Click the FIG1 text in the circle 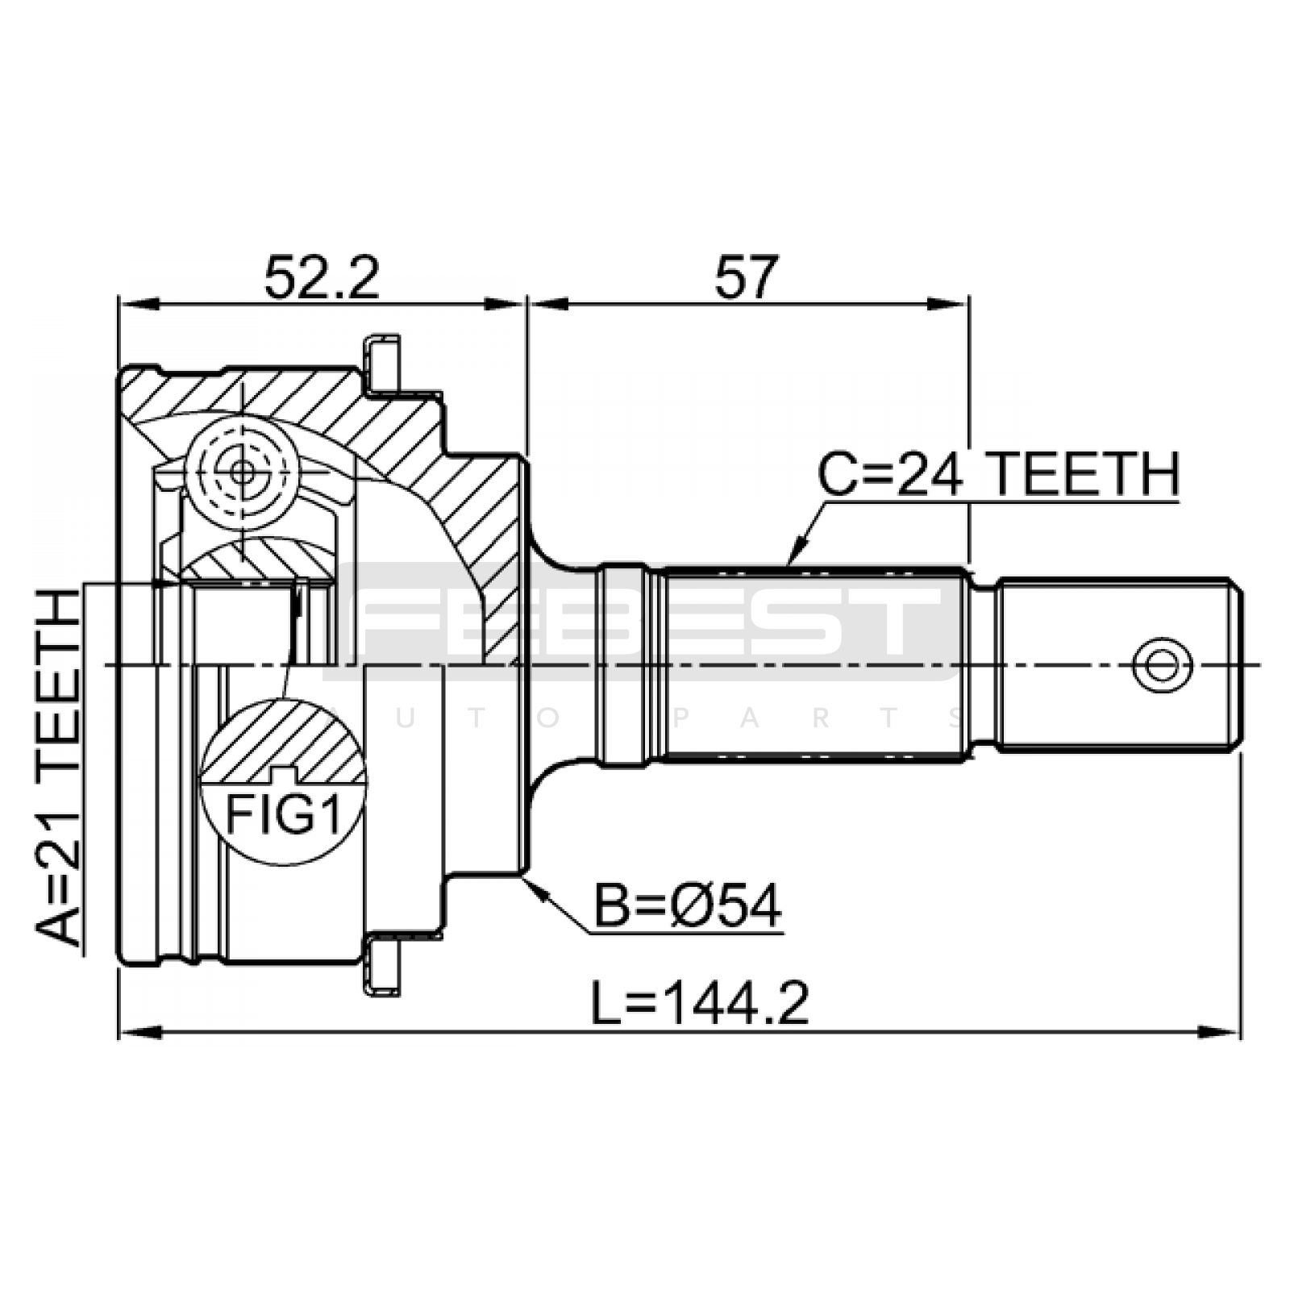pyautogui.click(x=282, y=814)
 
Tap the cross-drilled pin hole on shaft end pyautogui.click(x=1162, y=665)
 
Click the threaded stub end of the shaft pyautogui.click(x=1117, y=665)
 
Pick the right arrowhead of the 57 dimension pyautogui.click(x=948, y=304)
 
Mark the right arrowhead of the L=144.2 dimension pyautogui.click(x=1219, y=1033)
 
